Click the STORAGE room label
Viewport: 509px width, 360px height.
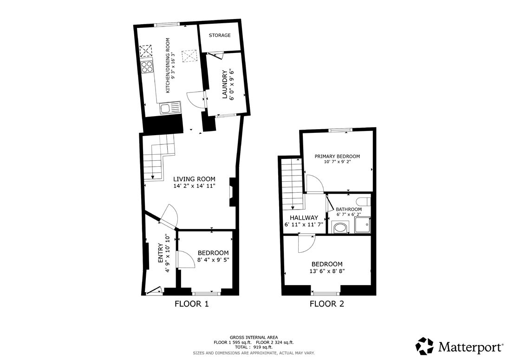pyautogui.click(x=220, y=35)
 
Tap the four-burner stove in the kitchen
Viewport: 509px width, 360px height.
pyautogui.click(x=147, y=66)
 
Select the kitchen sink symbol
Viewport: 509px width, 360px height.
pyautogui.click(x=170, y=108)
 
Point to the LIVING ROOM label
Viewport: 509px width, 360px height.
pyautogui.click(x=194, y=179)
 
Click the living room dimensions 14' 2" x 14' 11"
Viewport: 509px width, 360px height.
pyautogui.click(x=194, y=186)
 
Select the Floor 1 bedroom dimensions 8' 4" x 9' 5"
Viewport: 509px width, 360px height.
pyautogui.click(x=213, y=260)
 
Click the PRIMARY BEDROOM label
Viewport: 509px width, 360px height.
pyautogui.click(x=337, y=156)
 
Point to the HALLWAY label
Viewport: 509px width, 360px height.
pyautogui.click(x=304, y=218)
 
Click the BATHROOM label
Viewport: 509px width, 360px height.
pyautogui.click(x=349, y=209)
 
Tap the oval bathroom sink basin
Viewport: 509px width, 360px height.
pyautogui.click(x=340, y=227)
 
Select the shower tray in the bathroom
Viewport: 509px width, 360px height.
pyautogui.click(x=363, y=225)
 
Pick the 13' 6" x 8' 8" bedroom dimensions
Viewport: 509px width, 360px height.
pyautogui.click(x=327, y=271)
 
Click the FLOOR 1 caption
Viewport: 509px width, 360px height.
pyautogui.click(x=191, y=304)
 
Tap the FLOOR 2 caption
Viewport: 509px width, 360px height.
pyautogui.click(x=327, y=304)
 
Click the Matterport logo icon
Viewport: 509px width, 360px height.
pyautogui.click(x=425, y=346)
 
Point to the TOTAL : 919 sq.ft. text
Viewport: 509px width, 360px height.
pyautogui.click(x=254, y=347)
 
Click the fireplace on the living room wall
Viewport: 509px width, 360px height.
pyautogui.click(x=233, y=192)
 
